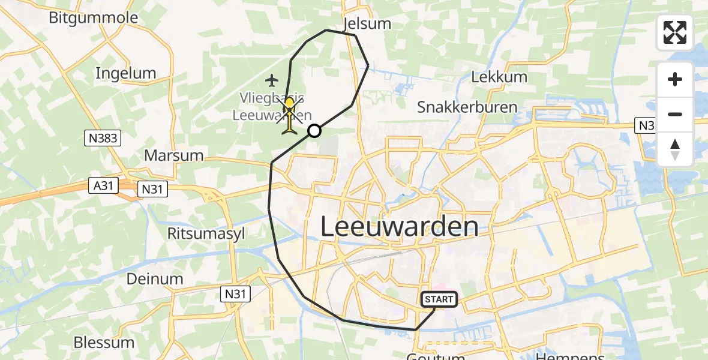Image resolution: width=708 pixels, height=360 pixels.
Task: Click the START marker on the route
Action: (x=439, y=299)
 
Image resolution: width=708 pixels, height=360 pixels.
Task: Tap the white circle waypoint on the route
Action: (x=314, y=131)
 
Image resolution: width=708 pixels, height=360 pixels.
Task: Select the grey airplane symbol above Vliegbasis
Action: (x=272, y=79)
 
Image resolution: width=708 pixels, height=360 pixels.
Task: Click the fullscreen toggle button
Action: (x=675, y=32)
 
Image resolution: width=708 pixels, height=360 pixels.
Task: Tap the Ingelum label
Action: (x=126, y=73)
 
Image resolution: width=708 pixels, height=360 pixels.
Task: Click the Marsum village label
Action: (x=173, y=155)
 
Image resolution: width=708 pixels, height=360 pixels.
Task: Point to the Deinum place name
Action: (x=155, y=278)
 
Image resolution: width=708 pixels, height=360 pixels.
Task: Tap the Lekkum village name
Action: (x=499, y=77)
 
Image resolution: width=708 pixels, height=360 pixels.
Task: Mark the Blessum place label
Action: (x=104, y=343)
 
